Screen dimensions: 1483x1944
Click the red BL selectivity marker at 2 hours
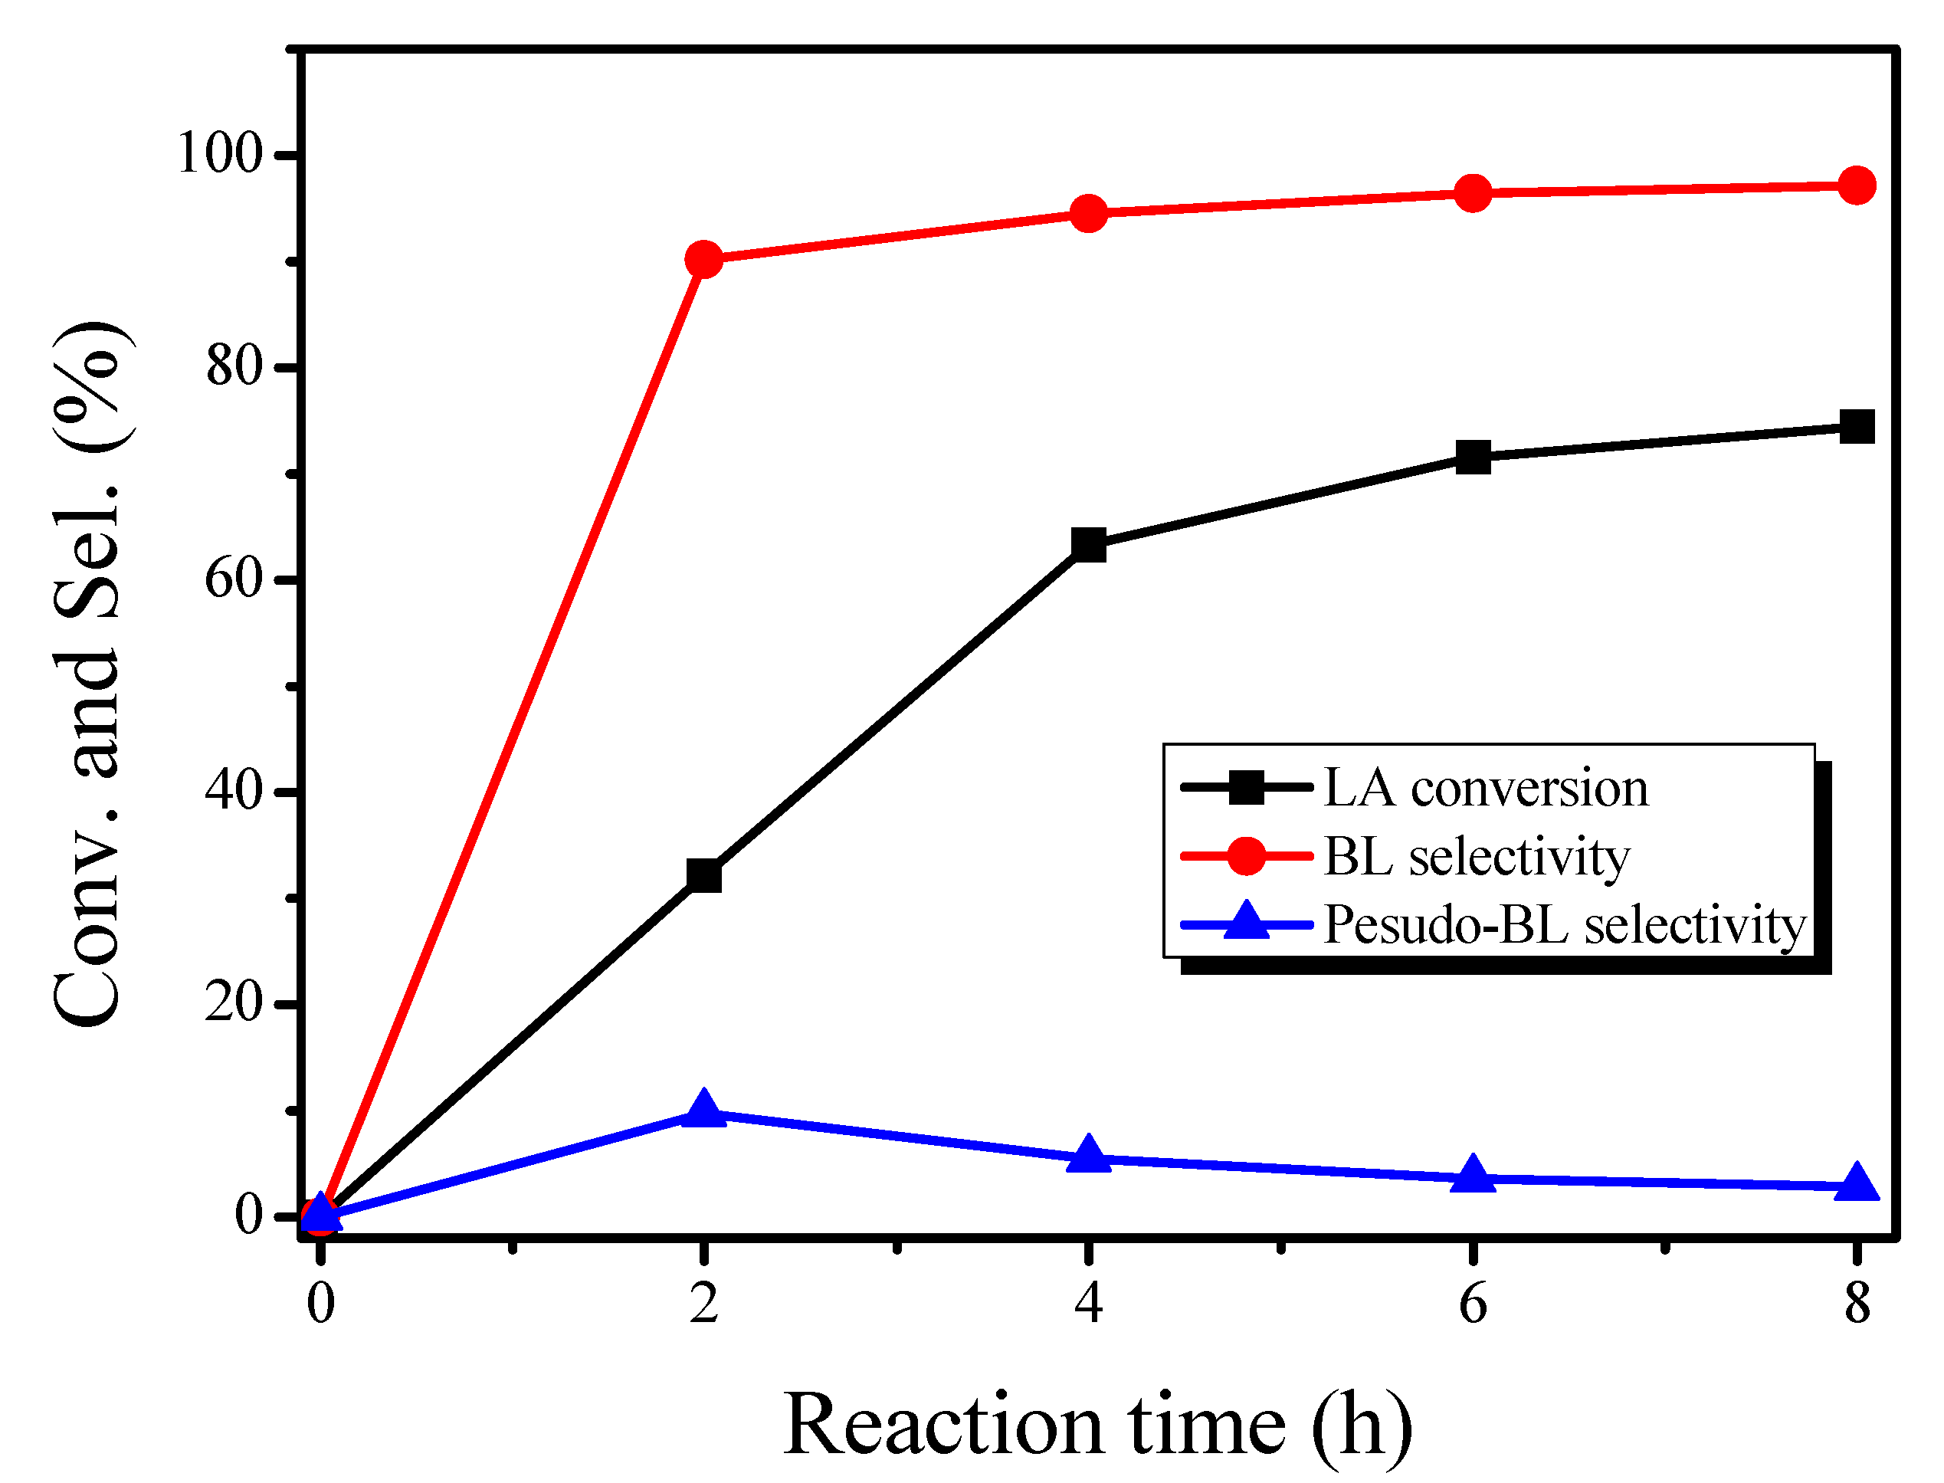[x=703, y=260]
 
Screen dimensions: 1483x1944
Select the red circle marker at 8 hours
[x=1857, y=186]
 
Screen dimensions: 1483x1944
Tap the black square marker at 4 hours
[x=1088, y=545]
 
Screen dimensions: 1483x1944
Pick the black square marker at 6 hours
[x=1473, y=458]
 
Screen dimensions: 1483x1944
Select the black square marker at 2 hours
[x=703, y=876]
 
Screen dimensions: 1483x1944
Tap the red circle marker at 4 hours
[x=1088, y=214]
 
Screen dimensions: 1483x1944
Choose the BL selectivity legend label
[x=1477, y=856]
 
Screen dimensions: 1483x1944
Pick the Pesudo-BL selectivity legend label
[x=1565, y=925]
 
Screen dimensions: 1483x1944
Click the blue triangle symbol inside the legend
[x=1246, y=924]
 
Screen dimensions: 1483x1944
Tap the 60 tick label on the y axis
[x=234, y=579]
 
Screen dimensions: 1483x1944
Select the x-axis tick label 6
[x=1473, y=1303]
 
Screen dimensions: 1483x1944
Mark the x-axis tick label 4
[x=1088, y=1303]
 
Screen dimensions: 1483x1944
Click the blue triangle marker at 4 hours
[x=1088, y=1156]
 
